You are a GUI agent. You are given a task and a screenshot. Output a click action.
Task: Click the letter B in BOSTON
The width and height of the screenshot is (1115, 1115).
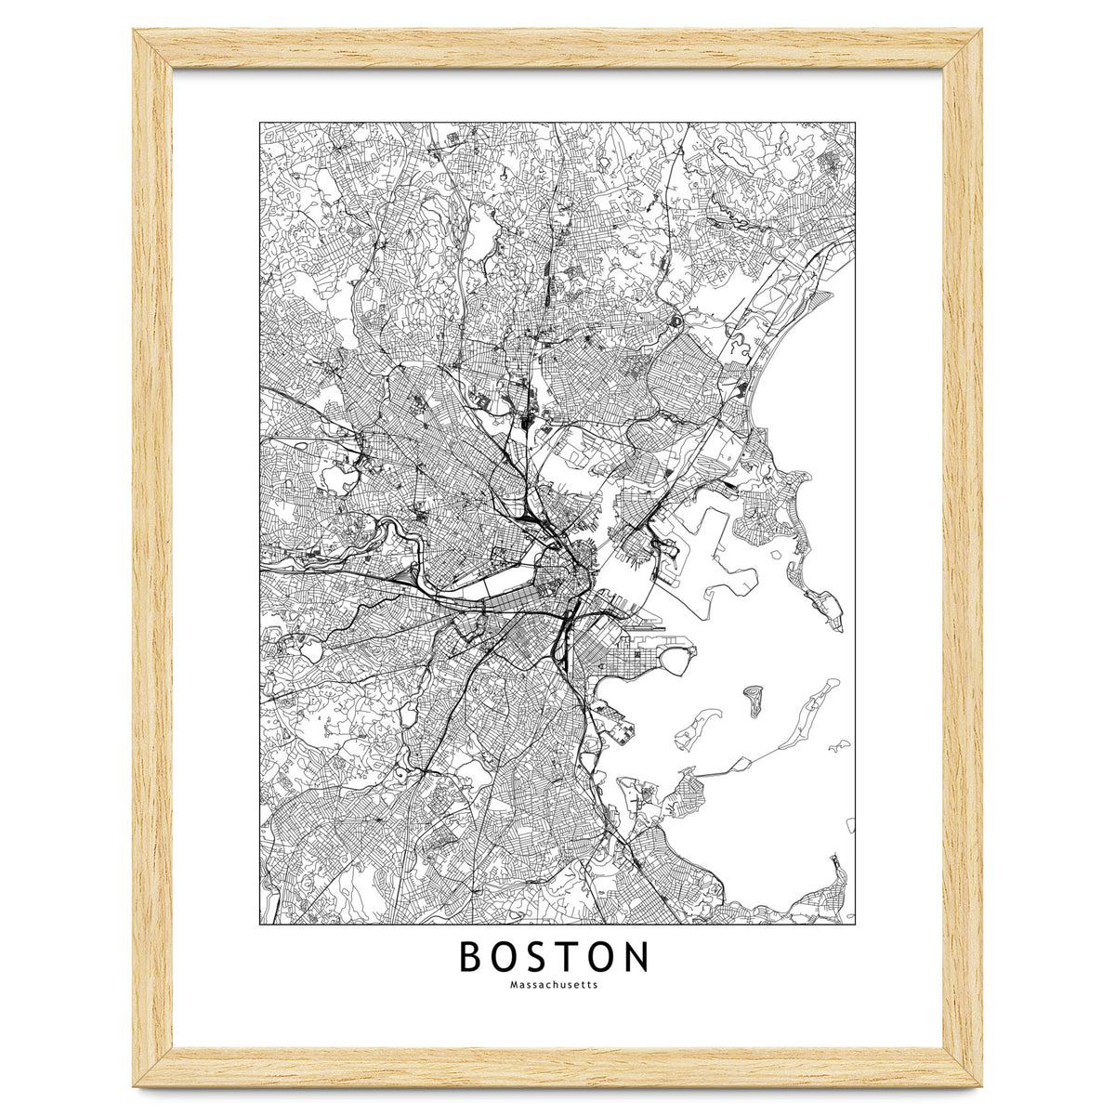[472, 956]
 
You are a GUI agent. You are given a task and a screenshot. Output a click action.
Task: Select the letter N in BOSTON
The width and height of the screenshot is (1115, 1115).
[635, 956]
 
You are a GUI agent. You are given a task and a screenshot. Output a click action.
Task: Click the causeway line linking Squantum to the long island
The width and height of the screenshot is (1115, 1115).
[720, 770]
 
